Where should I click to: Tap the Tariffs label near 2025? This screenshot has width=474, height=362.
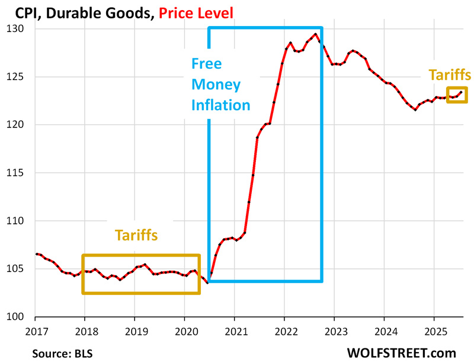[450, 75]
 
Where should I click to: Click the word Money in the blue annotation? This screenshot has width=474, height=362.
[216, 84]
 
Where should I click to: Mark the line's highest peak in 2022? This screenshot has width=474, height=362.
[315, 34]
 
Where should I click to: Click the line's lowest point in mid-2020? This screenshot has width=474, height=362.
[208, 282]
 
